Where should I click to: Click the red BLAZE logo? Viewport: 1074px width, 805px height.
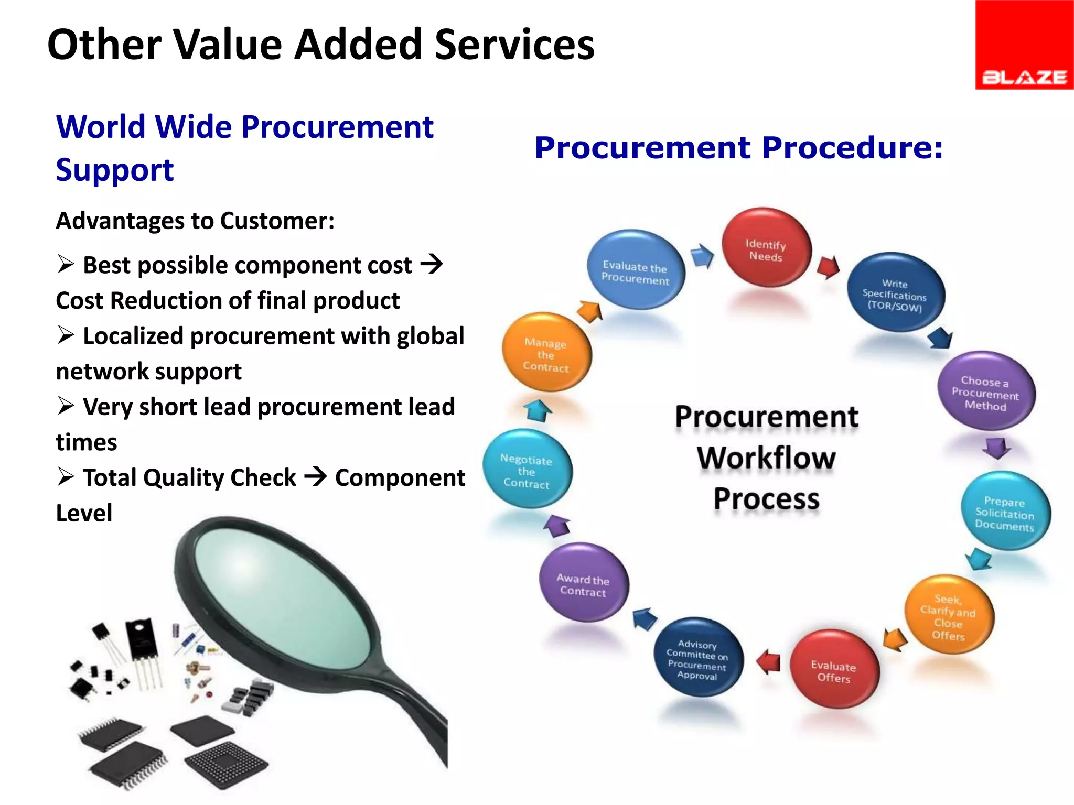[1024, 45]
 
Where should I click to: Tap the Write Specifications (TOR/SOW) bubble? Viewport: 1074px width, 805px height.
[895, 293]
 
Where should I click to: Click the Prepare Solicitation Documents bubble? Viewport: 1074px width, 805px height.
[1005, 512]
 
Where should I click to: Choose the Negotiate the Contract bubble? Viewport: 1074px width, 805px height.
[527, 470]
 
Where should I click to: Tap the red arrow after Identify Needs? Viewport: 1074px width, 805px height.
[829, 267]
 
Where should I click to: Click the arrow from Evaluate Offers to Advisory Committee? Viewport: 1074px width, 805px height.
[769, 662]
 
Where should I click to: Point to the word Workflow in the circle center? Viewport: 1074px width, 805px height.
[766, 458]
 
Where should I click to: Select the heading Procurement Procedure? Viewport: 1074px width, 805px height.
[738, 147]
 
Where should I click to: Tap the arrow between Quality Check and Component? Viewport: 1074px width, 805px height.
[316, 477]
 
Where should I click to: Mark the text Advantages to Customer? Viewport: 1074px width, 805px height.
[195, 221]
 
